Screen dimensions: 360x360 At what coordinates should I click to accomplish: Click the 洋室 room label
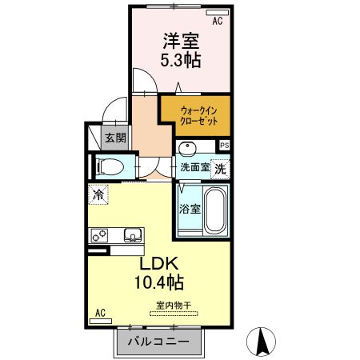click(181, 40)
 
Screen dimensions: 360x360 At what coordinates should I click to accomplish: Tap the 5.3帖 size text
click(181, 61)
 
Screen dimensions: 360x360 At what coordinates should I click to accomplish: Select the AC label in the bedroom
click(217, 23)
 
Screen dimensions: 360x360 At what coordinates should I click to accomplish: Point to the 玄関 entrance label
click(114, 138)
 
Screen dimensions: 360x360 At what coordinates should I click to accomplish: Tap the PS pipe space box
click(224, 145)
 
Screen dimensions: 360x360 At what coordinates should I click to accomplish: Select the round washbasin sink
click(189, 150)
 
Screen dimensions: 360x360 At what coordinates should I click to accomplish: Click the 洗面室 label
click(194, 169)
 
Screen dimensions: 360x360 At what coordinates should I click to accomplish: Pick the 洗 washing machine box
click(221, 169)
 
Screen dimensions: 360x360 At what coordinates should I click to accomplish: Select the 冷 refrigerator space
click(99, 194)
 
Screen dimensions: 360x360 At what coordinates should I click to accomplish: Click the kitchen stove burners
click(102, 235)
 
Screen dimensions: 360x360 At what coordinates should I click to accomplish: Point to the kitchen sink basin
click(133, 235)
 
